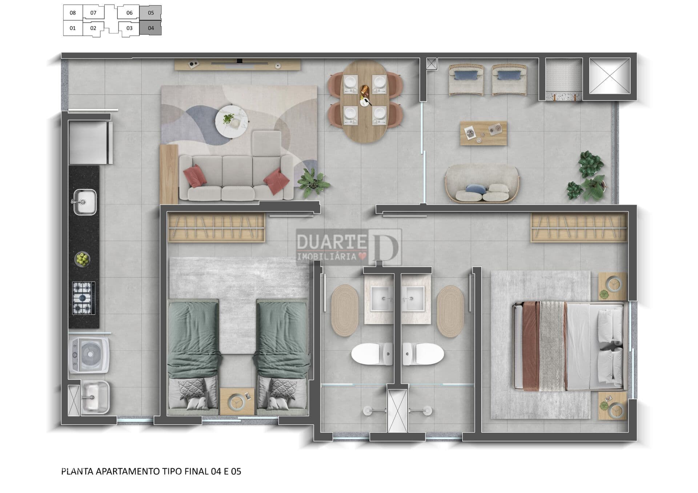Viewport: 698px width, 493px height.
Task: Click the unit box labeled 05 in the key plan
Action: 151,13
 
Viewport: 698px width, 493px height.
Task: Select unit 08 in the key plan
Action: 73,13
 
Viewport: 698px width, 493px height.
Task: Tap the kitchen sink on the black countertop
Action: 85,202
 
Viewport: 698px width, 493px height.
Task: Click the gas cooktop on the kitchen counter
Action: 84,298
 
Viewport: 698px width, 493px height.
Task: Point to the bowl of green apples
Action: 83,259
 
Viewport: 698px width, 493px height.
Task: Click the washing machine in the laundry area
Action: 89,355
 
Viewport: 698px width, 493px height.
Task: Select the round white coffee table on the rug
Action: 232,122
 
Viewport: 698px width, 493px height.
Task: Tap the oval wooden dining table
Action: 365,101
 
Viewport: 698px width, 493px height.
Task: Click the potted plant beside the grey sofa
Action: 313,183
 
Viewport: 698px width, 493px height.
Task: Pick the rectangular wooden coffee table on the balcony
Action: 484,133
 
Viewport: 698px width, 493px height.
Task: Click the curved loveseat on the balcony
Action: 482,184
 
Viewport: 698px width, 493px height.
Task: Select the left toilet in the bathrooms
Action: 372,354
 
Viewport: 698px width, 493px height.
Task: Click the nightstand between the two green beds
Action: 237,401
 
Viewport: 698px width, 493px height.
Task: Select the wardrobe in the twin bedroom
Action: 216,227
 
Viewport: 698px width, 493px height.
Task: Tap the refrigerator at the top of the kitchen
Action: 91,143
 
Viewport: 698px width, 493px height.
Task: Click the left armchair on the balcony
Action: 466,80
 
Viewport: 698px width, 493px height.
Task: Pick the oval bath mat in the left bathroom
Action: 345,311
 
